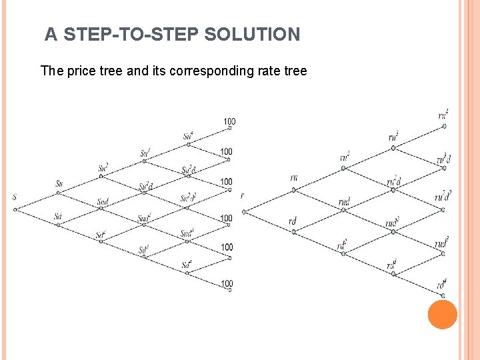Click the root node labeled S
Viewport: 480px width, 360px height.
(x=15, y=197)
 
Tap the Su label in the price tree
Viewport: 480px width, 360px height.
(x=60, y=183)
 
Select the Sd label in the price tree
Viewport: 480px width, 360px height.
(x=59, y=216)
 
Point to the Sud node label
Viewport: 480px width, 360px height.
(x=103, y=201)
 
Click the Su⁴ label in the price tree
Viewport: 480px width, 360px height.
(x=189, y=137)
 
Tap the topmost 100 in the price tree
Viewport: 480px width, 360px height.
(x=229, y=121)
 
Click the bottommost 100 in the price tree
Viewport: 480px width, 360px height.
(x=227, y=284)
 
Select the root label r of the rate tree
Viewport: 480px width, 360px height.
(x=243, y=196)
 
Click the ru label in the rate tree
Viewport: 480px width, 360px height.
(x=295, y=177)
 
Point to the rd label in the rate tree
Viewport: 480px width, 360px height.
(x=293, y=221)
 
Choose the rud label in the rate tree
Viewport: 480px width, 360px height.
(x=344, y=200)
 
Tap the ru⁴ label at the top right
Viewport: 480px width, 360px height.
(x=443, y=115)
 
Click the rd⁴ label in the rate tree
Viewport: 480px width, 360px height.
(x=441, y=285)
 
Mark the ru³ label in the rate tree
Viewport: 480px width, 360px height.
(x=393, y=137)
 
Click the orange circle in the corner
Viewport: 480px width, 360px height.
(x=442, y=314)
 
